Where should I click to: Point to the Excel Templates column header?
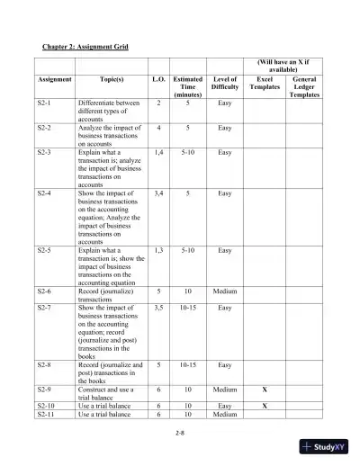point(265,86)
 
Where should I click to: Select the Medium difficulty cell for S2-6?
point(224,292)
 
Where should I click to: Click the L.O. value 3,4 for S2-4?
point(158,193)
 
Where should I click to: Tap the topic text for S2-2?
point(107,136)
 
